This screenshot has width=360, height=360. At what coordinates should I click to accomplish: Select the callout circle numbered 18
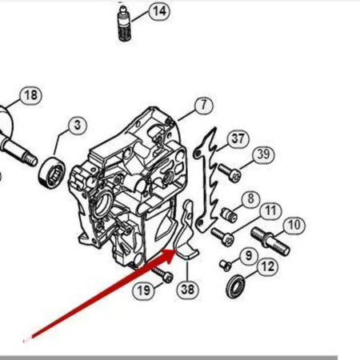[x=30, y=96]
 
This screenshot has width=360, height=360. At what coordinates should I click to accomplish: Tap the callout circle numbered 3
[x=76, y=125]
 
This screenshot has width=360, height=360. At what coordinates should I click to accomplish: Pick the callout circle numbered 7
[x=202, y=105]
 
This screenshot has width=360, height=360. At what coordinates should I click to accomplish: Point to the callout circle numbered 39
[x=262, y=155]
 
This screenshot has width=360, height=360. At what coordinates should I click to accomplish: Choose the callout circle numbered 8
[x=250, y=198]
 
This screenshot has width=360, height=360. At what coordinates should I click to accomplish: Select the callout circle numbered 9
[x=247, y=255]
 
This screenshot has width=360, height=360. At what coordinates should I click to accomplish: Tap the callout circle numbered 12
[x=268, y=266]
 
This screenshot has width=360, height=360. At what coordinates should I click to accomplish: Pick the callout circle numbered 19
[x=143, y=290]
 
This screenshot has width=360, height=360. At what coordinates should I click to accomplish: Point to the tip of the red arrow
[x=176, y=250]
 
